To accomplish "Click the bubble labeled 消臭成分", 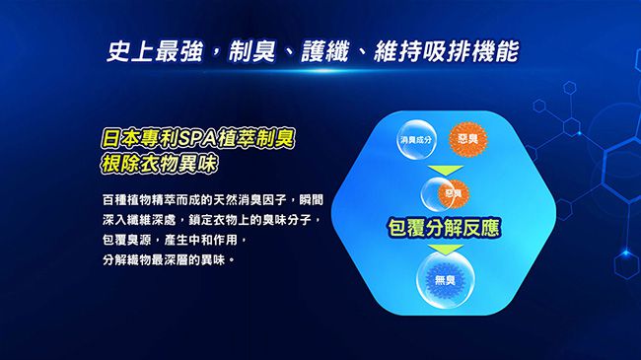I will [x=416, y=144].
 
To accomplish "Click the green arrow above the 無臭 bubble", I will [x=440, y=250].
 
